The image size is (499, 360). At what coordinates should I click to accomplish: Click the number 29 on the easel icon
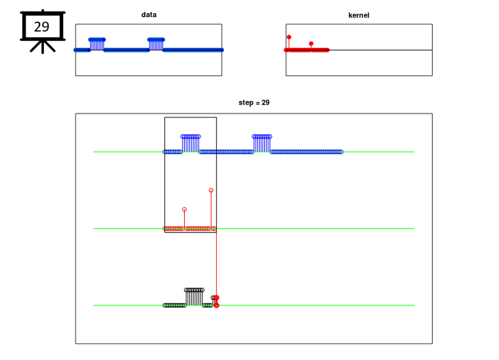click(41, 27)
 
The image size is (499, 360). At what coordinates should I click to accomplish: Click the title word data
click(149, 14)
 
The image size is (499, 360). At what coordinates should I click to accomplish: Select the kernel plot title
click(359, 15)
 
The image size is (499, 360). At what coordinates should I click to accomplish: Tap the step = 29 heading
click(254, 102)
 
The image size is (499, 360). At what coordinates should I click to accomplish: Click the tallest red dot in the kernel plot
click(289, 37)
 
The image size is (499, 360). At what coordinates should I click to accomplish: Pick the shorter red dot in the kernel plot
click(311, 43)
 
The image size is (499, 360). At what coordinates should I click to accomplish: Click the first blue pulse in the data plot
click(97, 44)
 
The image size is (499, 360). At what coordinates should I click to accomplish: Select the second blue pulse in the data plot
click(156, 44)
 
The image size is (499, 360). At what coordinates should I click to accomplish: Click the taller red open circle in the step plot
click(211, 190)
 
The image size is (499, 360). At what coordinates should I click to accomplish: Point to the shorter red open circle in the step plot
click(184, 210)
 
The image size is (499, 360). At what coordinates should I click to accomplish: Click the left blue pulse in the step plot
click(191, 143)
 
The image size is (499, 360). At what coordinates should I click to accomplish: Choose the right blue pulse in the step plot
click(262, 143)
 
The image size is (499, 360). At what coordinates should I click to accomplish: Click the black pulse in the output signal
click(194, 297)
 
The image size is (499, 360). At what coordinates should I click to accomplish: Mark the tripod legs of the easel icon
click(43, 47)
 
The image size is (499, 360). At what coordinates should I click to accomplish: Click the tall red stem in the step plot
click(211, 210)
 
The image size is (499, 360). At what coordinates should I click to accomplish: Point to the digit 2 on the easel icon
click(38, 27)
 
